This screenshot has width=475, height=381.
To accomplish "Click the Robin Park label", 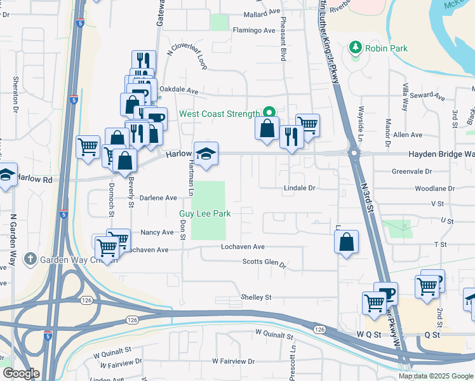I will [387, 48].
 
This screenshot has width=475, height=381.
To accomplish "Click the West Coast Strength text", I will [220, 114].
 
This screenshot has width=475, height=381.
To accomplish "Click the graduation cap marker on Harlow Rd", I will [206, 154].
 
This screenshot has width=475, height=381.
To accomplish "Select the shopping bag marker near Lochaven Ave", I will [347, 242].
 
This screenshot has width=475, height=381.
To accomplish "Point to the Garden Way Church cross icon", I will [30, 259].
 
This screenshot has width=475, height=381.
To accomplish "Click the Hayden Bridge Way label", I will [441, 154].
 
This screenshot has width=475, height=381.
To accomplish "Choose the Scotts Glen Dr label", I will [264, 262].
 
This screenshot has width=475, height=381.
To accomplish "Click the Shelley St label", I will [256, 297].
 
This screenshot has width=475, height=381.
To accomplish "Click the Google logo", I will [21, 373].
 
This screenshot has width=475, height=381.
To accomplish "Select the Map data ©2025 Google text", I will [435, 376].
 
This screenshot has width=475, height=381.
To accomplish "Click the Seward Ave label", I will [427, 96].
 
